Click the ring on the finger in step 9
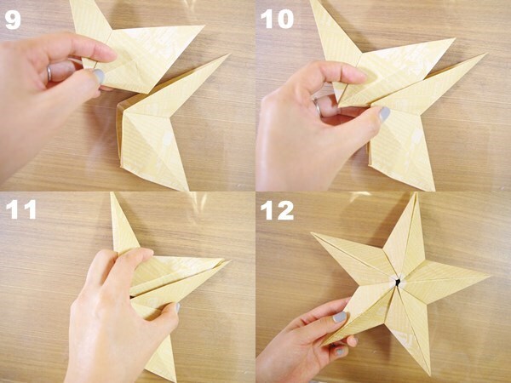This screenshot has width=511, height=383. pos(49,72)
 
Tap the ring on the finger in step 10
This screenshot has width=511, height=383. pos(317,107)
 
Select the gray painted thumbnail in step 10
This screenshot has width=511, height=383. pos(384,113)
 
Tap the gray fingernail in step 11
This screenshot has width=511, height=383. pos(175,308)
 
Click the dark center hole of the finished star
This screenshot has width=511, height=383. pos(393,280)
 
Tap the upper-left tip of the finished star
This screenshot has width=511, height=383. pos(313,235)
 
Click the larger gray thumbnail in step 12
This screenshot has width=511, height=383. pos(340,317)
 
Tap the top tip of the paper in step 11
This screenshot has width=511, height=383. pos(112,195)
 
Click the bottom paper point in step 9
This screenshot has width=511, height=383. pos(186,189)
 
